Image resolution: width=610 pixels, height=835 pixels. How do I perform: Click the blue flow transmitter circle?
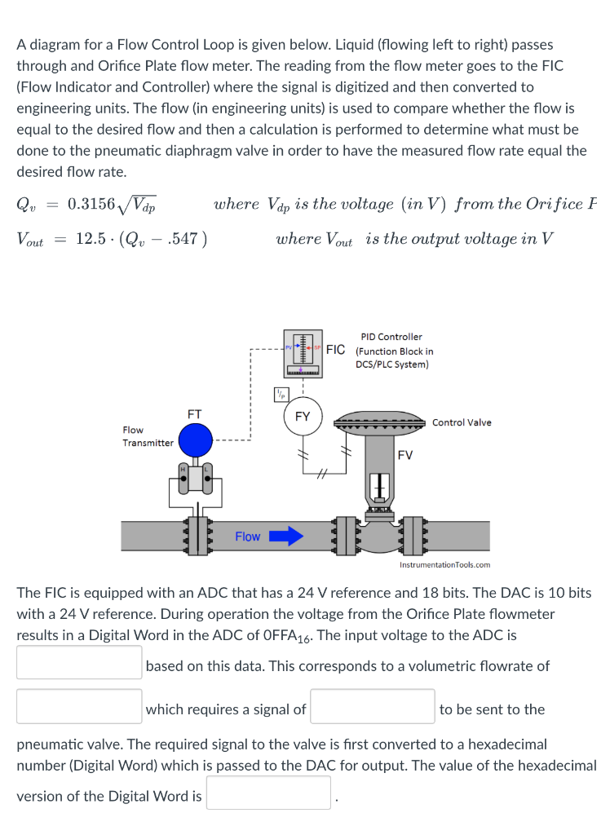click(195, 441)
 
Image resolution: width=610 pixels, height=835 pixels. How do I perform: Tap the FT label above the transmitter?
click(195, 413)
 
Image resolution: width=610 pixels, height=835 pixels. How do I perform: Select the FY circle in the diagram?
click(303, 416)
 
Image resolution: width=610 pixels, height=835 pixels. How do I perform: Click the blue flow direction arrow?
click(286, 536)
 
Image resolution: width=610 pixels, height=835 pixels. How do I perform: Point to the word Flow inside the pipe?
click(247, 537)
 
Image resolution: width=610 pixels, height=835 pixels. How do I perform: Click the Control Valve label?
click(462, 422)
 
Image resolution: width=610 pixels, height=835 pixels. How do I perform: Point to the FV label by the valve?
click(405, 455)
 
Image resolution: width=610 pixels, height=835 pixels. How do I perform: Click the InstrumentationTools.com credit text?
click(444, 564)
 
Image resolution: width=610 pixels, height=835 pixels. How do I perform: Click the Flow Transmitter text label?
click(148, 436)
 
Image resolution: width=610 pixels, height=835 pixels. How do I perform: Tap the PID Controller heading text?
click(391, 337)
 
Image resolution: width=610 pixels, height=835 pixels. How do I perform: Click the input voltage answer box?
click(79, 662)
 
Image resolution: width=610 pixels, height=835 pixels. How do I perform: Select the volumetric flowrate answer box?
click(79, 706)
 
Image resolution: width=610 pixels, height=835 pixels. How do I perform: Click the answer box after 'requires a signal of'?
click(372, 706)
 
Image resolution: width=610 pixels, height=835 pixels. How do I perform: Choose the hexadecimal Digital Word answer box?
click(268, 793)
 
